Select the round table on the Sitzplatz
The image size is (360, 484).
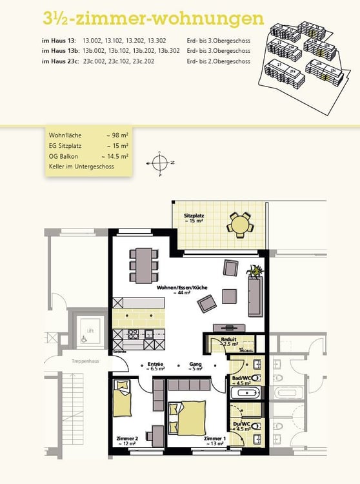click(241, 225)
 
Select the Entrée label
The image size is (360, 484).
click(155, 365)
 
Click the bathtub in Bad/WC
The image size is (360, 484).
click(245, 392)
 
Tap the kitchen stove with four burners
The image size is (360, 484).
click(134, 334)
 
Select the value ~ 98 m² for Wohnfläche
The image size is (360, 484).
click(117, 136)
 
